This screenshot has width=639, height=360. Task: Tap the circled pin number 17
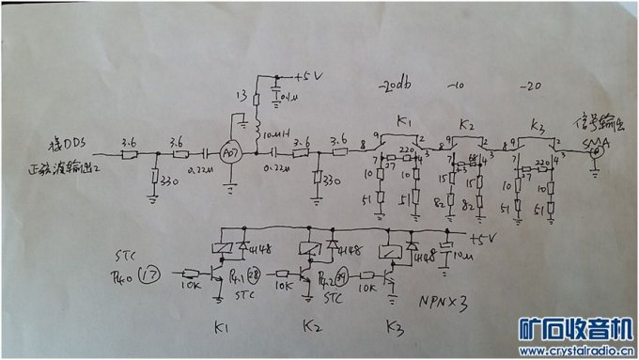pyautogui.click(x=148, y=276)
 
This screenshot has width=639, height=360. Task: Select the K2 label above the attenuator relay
pyautogui.click(x=467, y=124)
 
